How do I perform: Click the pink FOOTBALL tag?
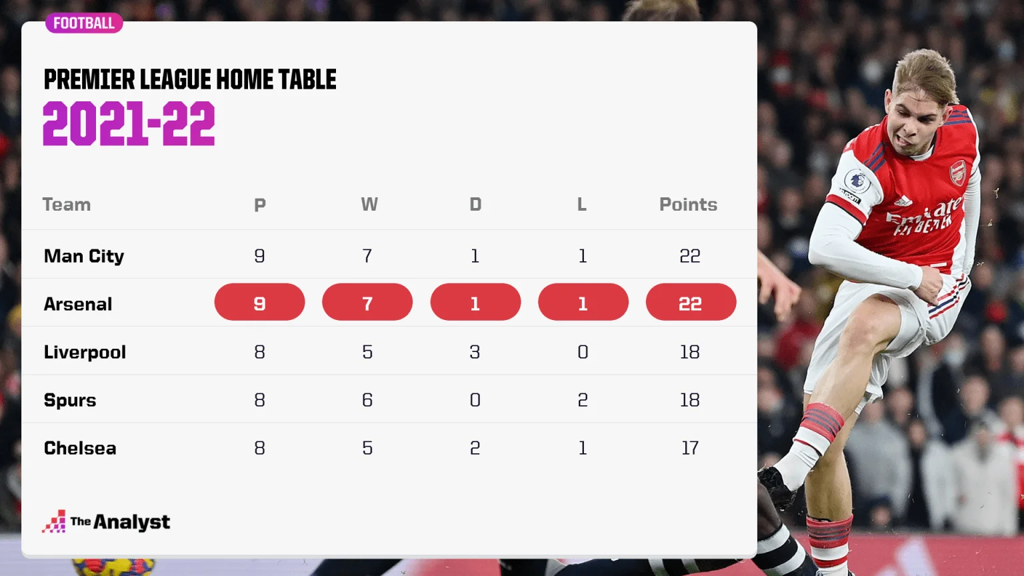tap(84, 23)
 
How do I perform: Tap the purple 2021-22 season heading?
tap(129, 123)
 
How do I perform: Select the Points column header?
tap(688, 205)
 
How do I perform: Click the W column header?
tap(369, 205)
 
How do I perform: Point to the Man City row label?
tap(83, 256)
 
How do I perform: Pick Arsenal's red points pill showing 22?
tap(691, 302)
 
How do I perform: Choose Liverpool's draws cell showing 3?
tap(475, 352)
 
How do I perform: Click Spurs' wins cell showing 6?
tap(367, 400)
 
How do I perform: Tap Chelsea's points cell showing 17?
tap(690, 448)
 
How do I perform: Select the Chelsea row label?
tap(80, 448)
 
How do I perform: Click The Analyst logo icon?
tap(54, 521)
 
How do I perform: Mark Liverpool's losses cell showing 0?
tap(583, 352)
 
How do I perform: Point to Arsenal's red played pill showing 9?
tap(259, 302)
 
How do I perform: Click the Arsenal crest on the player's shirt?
tap(957, 173)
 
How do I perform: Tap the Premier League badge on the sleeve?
tap(857, 181)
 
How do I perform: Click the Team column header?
tap(67, 205)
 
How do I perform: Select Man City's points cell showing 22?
tap(690, 256)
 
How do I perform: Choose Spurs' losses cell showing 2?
tap(583, 400)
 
